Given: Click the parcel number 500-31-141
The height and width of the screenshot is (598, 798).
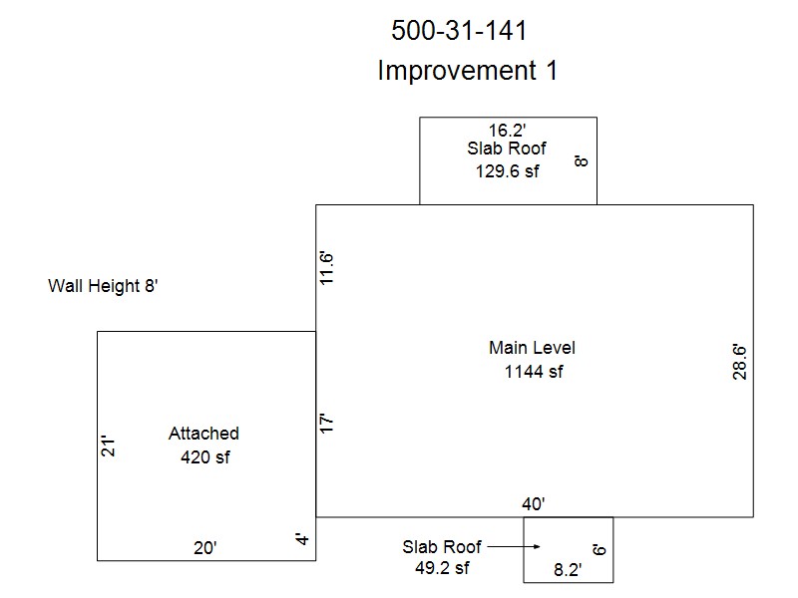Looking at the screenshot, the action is tap(459, 30).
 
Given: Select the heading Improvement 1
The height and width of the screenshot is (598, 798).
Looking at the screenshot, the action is tap(467, 70).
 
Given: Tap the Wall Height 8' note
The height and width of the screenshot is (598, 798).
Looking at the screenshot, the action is tap(103, 286).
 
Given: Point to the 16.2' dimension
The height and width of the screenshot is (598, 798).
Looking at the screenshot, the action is tap(507, 131).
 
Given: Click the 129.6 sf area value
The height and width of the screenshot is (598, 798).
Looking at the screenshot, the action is tap(507, 171).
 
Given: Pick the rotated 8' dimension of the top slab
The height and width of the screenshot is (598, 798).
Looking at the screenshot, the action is tap(581, 161).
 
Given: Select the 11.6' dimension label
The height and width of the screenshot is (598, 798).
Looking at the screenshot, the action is tap(326, 268).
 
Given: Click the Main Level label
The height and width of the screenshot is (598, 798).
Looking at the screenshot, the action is tap(532, 348).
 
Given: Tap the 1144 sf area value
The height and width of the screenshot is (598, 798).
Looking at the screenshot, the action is tap(534, 372).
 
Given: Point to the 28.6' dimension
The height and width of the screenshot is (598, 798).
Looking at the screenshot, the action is tap(739, 362).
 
